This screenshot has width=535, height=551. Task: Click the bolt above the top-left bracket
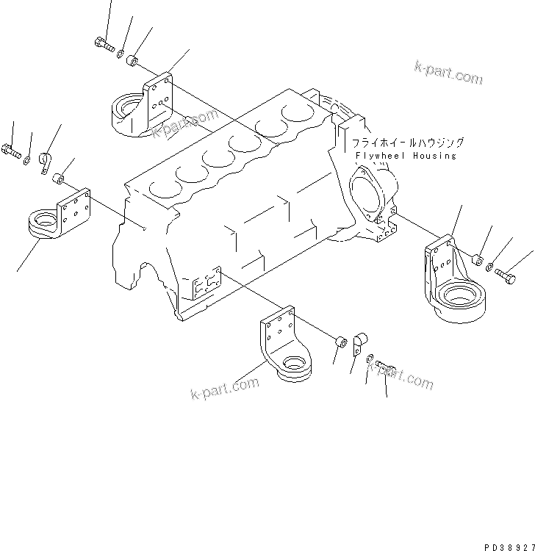tap(104, 44)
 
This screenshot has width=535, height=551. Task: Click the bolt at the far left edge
tap(11, 151)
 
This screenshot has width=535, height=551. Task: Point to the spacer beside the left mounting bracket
tap(62, 178)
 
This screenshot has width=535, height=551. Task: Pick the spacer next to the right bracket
tap(476, 259)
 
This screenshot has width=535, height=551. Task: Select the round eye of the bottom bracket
tap(294, 363)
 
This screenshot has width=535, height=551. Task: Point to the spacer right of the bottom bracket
tap(340, 342)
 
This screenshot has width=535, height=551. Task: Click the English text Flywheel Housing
tap(404, 156)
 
